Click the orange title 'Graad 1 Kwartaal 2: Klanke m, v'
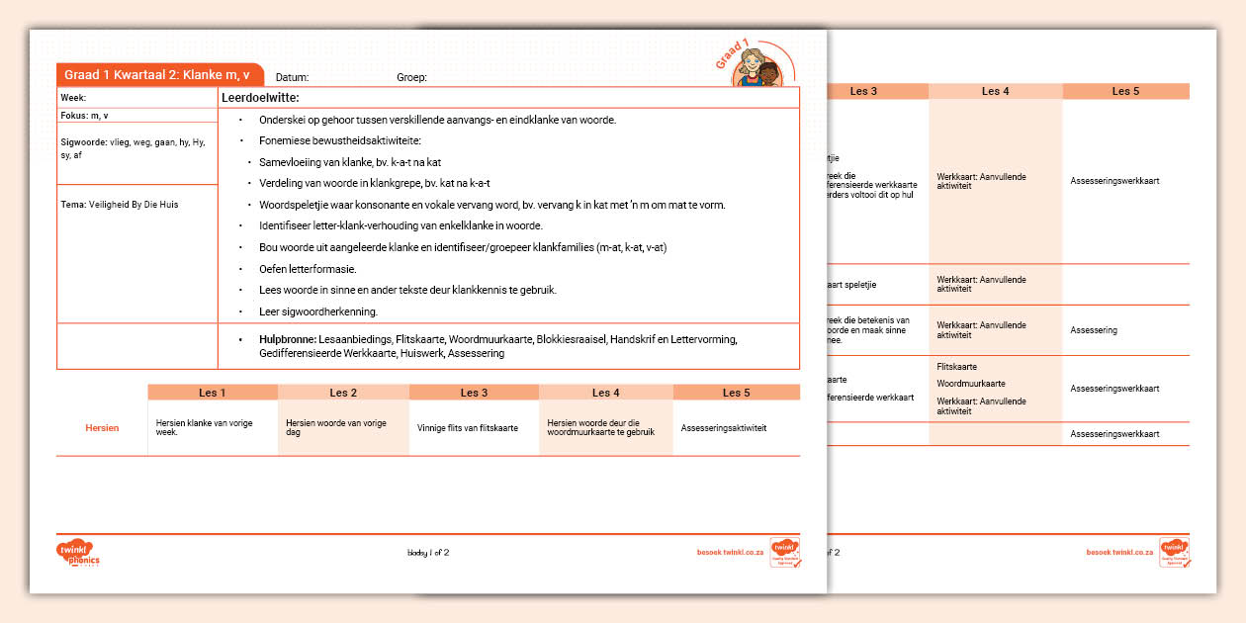(156, 75)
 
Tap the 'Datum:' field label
(293, 77)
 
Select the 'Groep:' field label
(411, 77)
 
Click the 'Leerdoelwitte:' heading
(260, 98)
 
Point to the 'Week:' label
(73, 98)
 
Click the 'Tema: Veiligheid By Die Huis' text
(120, 205)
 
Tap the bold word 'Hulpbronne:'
(288, 339)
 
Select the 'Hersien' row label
(102, 428)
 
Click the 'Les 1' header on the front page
(212, 393)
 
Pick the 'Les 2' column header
(343, 393)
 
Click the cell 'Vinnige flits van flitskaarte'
(468, 428)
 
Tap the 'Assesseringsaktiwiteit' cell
(724, 428)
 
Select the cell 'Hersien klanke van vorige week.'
(205, 428)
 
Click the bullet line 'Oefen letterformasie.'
(308, 269)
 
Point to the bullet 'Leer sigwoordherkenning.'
(318, 311)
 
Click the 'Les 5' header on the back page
(1125, 91)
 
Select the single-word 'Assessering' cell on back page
(1094, 330)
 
